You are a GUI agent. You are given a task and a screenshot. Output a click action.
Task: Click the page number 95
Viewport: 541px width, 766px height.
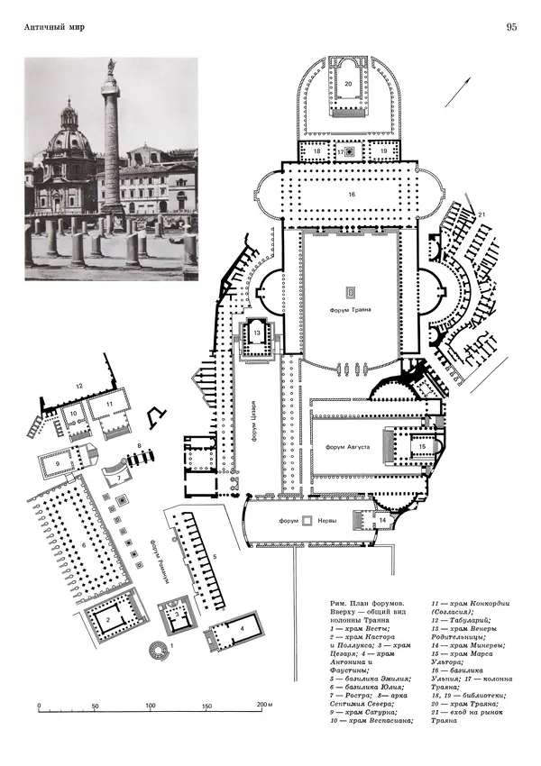pos(511,27)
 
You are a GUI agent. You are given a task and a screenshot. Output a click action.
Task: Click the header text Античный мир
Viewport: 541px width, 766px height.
pos(55,28)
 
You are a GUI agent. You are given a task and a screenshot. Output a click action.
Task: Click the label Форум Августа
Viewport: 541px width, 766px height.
pos(346,447)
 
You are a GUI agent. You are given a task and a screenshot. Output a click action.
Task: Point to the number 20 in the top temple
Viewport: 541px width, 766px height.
pos(348,83)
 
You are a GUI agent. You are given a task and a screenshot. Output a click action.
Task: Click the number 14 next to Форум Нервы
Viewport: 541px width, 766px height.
pos(381,521)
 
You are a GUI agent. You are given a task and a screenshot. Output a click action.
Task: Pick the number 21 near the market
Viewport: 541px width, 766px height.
pos(481,213)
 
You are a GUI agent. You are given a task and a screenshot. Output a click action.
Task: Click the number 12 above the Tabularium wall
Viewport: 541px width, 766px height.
pos(78,387)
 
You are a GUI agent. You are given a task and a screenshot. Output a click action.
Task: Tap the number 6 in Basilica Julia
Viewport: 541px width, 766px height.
pos(84,546)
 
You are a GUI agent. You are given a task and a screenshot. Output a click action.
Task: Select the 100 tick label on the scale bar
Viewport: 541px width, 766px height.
pos(151,706)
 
